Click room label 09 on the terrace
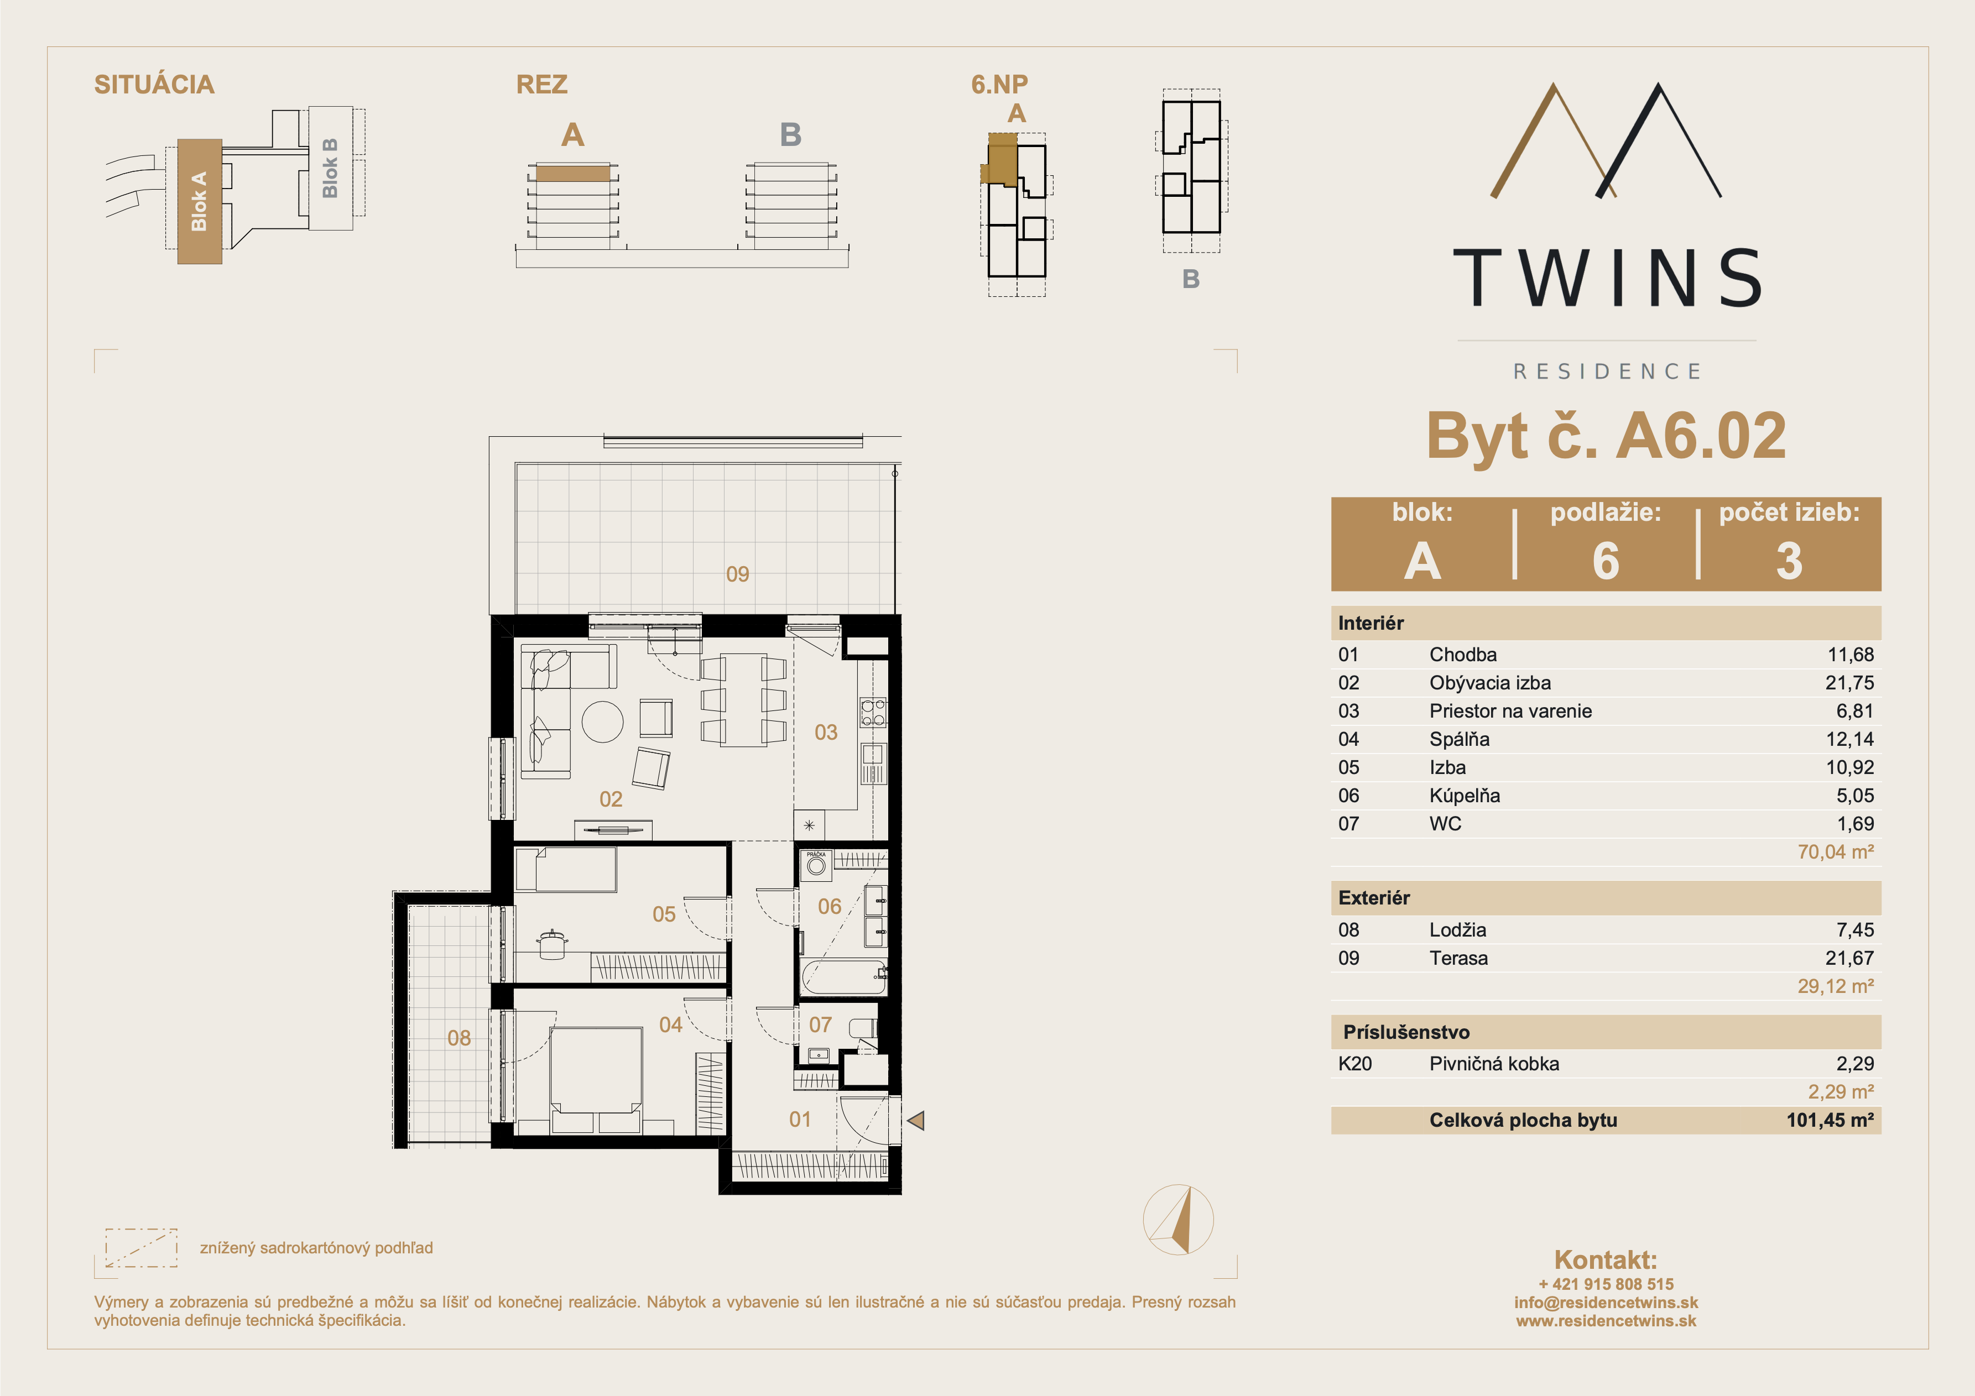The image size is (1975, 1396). pyautogui.click(x=737, y=574)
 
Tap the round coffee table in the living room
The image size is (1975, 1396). pyautogui.click(x=602, y=721)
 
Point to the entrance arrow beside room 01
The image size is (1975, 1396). pyautogui.click(x=915, y=1120)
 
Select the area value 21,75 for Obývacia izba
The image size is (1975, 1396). pyautogui.click(x=1849, y=683)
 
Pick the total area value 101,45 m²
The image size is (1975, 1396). pyautogui.click(x=1830, y=1120)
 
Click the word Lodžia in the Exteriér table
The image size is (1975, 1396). pyautogui.click(x=1457, y=930)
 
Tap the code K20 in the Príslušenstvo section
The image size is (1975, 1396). pyautogui.click(x=1355, y=1064)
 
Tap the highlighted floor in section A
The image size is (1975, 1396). pyautogui.click(x=573, y=174)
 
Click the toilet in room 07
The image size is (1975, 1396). pyautogui.click(x=863, y=1029)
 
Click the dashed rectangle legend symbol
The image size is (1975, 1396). pyautogui.click(x=141, y=1247)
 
